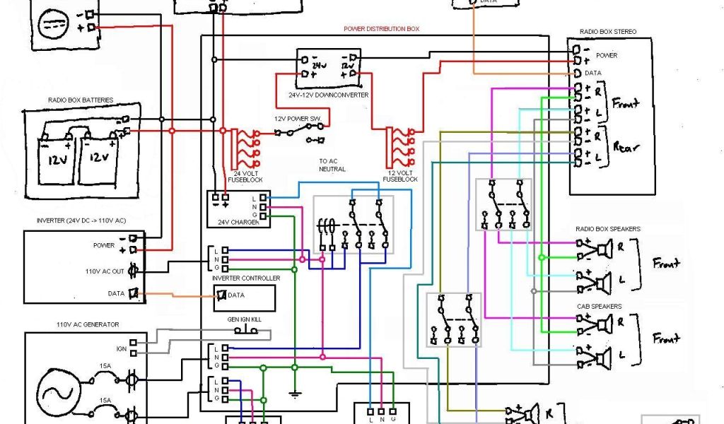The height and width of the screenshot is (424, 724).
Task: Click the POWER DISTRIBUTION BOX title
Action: coord(381,30)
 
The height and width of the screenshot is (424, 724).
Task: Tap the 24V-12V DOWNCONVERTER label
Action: coord(328,95)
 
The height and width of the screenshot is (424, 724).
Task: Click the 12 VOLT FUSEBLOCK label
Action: coord(400,176)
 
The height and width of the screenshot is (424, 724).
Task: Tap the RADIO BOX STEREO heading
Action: coord(608,32)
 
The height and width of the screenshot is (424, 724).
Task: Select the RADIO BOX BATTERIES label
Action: coord(81,101)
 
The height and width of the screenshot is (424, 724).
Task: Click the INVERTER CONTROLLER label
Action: coord(245,278)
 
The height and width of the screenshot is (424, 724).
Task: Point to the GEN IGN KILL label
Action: coord(244,320)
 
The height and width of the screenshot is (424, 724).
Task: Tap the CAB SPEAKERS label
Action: coord(599,306)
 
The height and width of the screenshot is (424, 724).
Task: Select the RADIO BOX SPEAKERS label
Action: coord(608,229)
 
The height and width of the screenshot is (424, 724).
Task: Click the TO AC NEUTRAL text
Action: coord(332,165)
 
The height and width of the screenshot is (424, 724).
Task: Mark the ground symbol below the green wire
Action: coord(294,393)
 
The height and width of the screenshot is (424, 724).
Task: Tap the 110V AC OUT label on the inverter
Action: coord(105,271)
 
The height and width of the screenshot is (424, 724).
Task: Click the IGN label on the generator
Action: coord(121,348)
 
